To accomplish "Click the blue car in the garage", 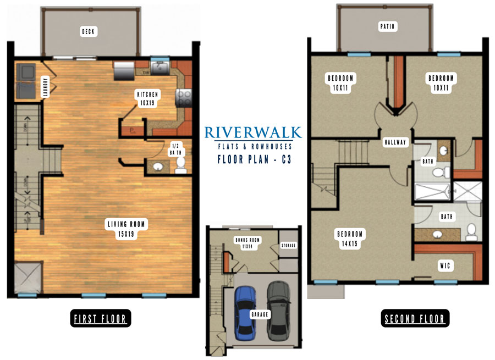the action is point(245,313).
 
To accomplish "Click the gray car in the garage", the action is point(279,311).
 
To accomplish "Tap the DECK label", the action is point(89,31).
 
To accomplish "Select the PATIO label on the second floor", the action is point(387,26).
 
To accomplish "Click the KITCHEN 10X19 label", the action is point(147,98).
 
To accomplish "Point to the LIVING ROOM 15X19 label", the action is point(126,229).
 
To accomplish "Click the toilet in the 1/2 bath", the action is point(181,165).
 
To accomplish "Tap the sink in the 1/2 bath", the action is point(158,166).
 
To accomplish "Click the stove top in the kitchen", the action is point(184,98).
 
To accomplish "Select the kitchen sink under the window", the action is point(159,68).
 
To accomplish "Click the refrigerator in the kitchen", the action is point(124,70).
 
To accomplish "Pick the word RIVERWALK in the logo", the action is point(253,133).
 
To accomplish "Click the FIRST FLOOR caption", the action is point(101,319).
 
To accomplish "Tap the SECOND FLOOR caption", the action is point(415,319).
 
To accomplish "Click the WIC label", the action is point(445,265).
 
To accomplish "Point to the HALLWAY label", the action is point(395,142).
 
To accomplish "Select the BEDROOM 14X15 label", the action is point(350,239).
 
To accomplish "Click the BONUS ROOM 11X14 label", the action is point(248,243).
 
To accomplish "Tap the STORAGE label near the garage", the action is point(289,245).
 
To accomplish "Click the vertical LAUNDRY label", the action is point(46,87).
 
